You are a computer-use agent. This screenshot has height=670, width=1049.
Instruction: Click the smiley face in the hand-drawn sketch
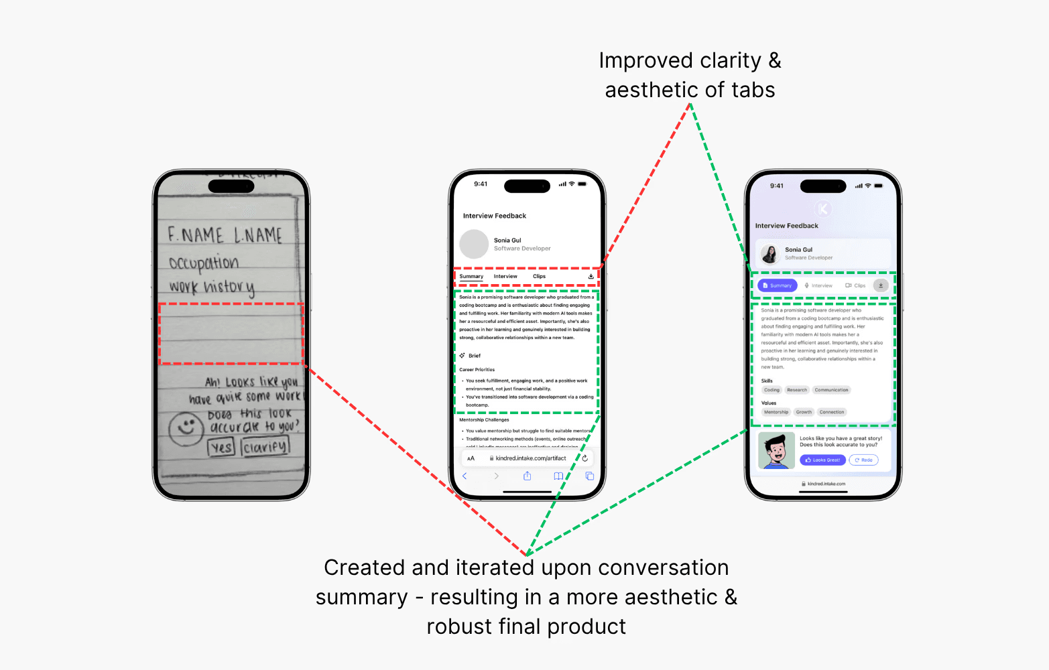pos(186,428)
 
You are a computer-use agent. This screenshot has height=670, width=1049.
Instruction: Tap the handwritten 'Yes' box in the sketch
pos(221,447)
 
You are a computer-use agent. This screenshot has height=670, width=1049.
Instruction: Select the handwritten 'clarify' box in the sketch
pos(265,446)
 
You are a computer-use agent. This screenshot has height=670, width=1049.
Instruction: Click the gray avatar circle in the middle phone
pos(474,244)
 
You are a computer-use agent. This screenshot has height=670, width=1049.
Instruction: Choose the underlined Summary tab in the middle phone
pos(471,276)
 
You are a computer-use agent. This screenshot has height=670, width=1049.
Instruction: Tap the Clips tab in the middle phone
pos(539,276)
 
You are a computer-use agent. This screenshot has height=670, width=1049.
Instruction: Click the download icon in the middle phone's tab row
pos(591,276)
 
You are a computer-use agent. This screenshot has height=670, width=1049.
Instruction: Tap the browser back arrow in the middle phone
pos(465,476)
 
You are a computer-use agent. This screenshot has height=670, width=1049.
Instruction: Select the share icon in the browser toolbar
pos(527,476)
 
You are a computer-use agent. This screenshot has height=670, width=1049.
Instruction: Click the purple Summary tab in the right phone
pos(777,285)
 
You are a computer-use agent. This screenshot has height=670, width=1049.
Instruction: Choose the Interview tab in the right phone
pos(818,285)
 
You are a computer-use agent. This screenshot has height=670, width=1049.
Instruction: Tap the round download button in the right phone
pos(881,285)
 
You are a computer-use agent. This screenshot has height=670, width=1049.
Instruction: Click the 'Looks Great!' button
pos(822,460)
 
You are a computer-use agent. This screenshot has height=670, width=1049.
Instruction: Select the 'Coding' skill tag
pos(772,390)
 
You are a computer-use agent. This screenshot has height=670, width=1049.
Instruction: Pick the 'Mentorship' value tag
pos(776,412)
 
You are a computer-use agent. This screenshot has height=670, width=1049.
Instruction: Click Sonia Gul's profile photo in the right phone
pos(769,254)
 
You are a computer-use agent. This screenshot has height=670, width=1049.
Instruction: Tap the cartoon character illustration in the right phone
pos(776,450)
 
